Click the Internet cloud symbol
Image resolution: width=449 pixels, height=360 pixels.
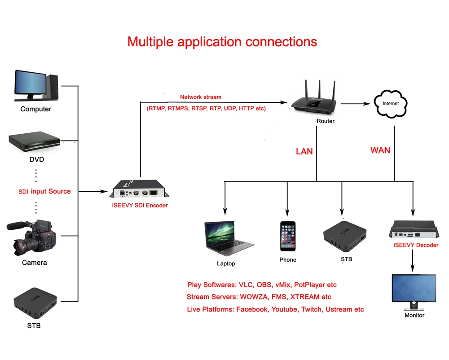tap(390, 104)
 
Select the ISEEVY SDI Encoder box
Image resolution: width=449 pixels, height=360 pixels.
tap(139, 189)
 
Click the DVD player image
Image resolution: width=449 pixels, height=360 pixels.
tap(35, 142)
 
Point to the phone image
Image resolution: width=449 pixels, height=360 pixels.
tap(288, 237)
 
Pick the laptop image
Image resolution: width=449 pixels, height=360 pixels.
tap(229, 238)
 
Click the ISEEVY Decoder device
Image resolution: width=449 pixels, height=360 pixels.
tap(414, 229)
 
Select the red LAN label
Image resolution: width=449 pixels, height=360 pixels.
tap(304, 151)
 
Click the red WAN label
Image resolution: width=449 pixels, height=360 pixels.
tap(380, 150)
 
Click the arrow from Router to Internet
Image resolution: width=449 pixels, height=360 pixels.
tap(355, 104)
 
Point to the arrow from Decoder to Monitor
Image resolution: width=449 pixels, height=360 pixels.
tap(413, 261)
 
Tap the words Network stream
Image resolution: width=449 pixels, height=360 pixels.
tap(201, 97)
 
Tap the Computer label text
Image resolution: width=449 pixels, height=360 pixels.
tap(36, 109)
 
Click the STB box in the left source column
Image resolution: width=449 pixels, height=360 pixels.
tap(35, 303)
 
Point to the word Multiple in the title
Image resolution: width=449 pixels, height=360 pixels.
tap(150, 42)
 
